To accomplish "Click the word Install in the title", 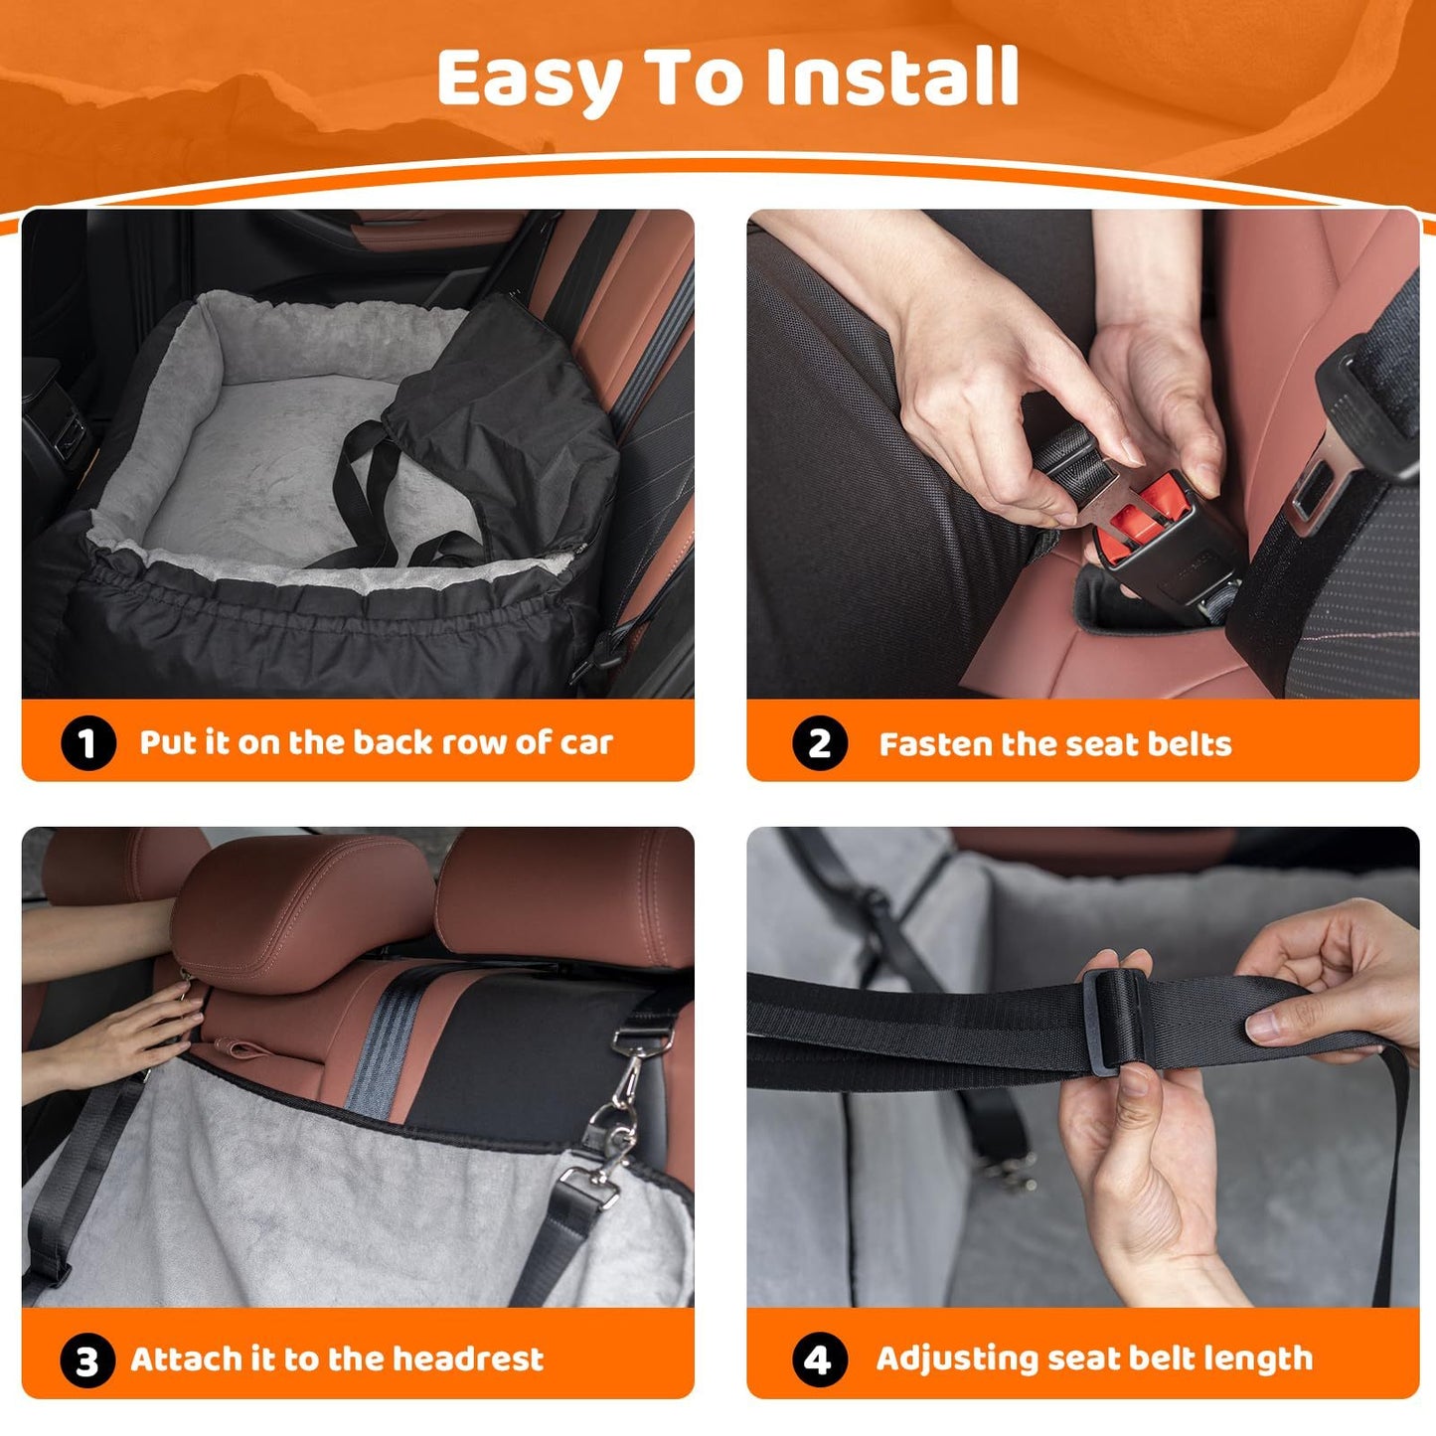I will pyautogui.click(x=892, y=78).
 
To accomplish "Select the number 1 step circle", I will pyautogui.click(x=87, y=743).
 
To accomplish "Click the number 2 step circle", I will pyautogui.click(x=819, y=743).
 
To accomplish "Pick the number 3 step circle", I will pyautogui.click(x=87, y=1360).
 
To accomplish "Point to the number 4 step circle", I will pyautogui.click(x=819, y=1359).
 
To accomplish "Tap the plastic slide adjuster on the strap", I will pyautogui.click(x=1113, y=1021).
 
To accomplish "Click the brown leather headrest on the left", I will pyautogui.click(x=298, y=909).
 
